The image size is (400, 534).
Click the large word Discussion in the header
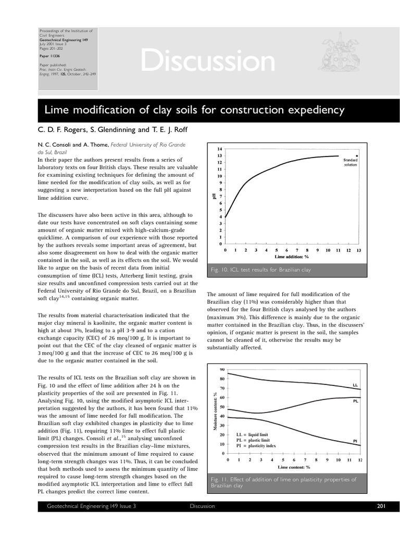click(x=208, y=62)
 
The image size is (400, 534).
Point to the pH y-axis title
click(x=214, y=196)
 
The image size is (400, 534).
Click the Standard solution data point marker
click(x=356, y=155)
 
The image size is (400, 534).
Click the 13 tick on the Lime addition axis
click(x=359, y=250)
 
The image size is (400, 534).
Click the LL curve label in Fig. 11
click(x=355, y=385)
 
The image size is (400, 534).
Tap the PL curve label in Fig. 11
click(x=355, y=402)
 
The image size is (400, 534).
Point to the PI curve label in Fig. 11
click(x=355, y=441)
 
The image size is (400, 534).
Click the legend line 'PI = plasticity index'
click(x=256, y=446)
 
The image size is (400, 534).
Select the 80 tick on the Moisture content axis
click(x=222, y=379)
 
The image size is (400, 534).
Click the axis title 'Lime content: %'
click(x=294, y=467)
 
